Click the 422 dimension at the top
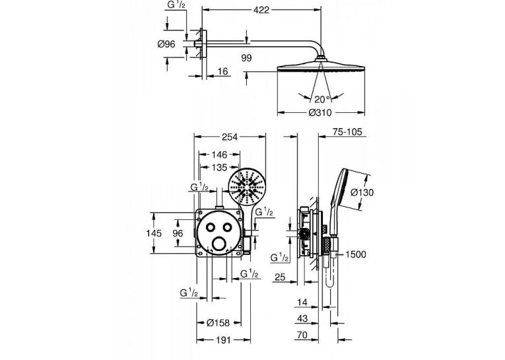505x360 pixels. click(261, 10)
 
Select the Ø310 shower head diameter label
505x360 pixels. click(320, 112)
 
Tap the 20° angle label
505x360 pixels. click(322, 99)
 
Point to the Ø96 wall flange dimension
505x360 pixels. click(166, 44)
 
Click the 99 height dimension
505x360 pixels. click(246, 58)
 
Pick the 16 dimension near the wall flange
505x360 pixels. click(222, 71)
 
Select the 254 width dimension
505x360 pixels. click(230, 137)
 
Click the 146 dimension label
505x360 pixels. click(219, 155)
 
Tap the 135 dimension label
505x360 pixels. click(219, 168)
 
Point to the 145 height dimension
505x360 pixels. click(154, 233)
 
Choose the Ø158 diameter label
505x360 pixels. click(218, 322)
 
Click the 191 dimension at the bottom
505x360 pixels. click(223, 340)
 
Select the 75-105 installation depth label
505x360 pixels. click(347, 132)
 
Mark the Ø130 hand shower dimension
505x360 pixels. click(362, 192)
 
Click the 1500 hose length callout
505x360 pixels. click(356, 254)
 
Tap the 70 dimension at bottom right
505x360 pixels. click(302, 335)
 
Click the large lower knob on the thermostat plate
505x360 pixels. click(219, 243)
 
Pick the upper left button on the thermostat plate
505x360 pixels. click(211, 227)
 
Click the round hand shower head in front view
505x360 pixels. click(246, 186)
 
